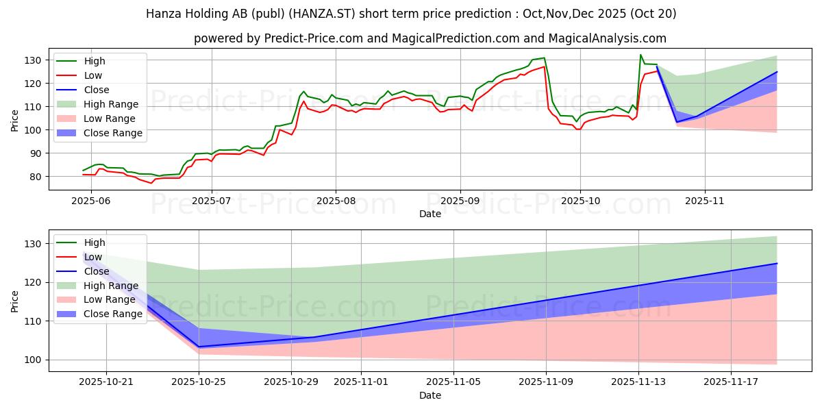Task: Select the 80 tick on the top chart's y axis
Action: (x=36, y=177)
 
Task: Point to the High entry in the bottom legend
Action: (x=94, y=242)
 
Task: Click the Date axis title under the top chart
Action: (x=429, y=214)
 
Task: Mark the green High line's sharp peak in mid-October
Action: (x=640, y=55)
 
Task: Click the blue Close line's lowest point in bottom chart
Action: (x=199, y=347)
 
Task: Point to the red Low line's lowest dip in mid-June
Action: (x=151, y=183)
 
